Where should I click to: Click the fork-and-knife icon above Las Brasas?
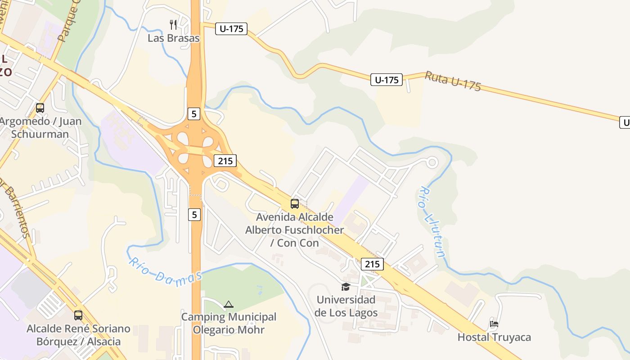coord(173,24)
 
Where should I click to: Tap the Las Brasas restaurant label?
coord(173,38)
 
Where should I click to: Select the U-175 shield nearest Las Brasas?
coord(231,29)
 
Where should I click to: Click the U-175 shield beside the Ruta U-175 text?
coord(387,80)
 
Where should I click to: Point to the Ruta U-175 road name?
coord(453,81)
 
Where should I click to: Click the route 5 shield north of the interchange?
coord(193,114)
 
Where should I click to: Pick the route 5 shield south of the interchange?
coord(194,215)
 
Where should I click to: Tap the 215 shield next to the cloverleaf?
coord(225,161)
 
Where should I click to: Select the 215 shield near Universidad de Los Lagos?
coord(372,264)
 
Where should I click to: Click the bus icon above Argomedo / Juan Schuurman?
coord(40,108)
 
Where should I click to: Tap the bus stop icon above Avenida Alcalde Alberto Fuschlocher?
coord(295,204)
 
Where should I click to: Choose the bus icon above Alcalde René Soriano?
coord(78,315)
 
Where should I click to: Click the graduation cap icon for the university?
coord(346,287)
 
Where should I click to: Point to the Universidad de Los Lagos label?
coord(346,306)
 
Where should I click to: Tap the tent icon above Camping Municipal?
coord(229,305)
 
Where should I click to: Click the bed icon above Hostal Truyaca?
coord(494,324)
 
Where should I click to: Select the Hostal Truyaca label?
coord(494,337)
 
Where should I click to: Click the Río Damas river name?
coord(165,270)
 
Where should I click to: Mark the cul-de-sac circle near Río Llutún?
coord(432,162)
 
